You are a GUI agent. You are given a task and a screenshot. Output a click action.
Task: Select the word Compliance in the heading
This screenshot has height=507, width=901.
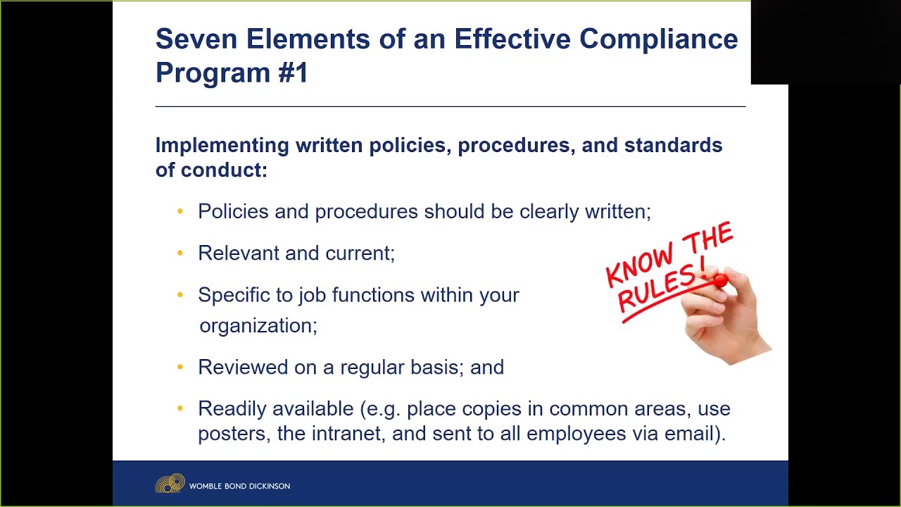click(658, 39)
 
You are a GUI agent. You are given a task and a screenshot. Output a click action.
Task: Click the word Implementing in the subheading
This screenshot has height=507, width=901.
click(222, 146)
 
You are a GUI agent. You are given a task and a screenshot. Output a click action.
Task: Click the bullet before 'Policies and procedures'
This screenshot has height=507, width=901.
click(180, 211)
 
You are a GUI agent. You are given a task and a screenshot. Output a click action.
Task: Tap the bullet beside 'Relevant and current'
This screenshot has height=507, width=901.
click(180, 253)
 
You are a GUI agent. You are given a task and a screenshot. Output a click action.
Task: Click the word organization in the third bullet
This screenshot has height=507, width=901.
click(257, 326)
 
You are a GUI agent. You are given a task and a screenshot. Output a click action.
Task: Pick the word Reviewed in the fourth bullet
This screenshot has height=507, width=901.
click(242, 368)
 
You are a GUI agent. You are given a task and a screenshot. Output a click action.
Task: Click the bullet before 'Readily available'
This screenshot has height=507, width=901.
click(180, 408)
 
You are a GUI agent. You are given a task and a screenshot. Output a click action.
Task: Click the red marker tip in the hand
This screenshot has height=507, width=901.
click(719, 281)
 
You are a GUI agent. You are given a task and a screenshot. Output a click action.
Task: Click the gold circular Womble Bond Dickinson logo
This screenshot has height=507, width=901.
click(170, 484)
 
